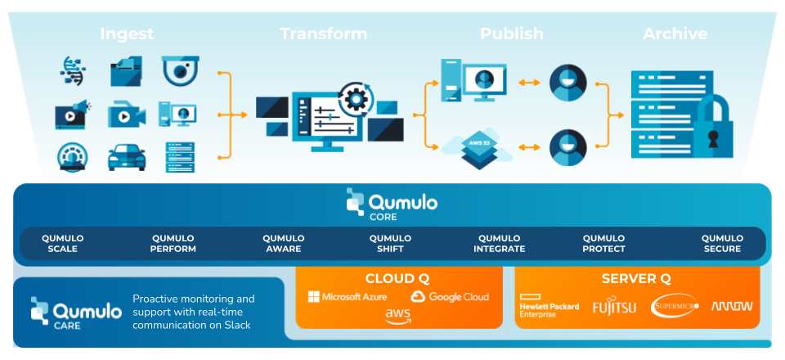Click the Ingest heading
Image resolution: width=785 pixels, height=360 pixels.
coord(127,34)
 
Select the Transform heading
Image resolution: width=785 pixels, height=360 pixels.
coord(323,34)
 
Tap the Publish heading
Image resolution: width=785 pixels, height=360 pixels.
coord(511,34)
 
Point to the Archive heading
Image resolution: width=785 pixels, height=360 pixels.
coord(675,34)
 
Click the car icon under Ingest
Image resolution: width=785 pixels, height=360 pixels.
coord(127,156)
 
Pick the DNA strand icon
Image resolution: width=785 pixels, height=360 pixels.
coord(73,71)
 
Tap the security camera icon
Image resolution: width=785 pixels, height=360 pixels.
coord(180,71)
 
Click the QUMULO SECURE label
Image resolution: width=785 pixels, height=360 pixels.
coord(722,244)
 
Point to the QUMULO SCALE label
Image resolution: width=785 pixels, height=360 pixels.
coord(62,244)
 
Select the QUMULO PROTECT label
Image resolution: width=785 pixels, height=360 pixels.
coord(603,244)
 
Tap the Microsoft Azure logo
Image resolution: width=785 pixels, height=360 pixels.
coord(348,297)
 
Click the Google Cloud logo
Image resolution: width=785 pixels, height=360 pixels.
coord(450,297)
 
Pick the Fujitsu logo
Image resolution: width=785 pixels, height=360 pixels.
coord(614,307)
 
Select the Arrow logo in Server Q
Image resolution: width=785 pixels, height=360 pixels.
coord(732,307)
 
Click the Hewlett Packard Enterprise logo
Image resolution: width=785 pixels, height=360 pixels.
coord(549,307)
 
